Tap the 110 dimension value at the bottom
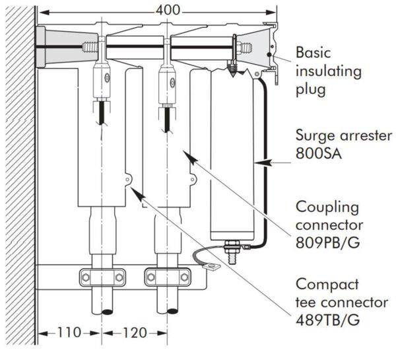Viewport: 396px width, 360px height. [x=68, y=332]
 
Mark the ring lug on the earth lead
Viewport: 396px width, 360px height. [x=213, y=268]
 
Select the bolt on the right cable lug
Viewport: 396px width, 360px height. [x=170, y=82]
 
